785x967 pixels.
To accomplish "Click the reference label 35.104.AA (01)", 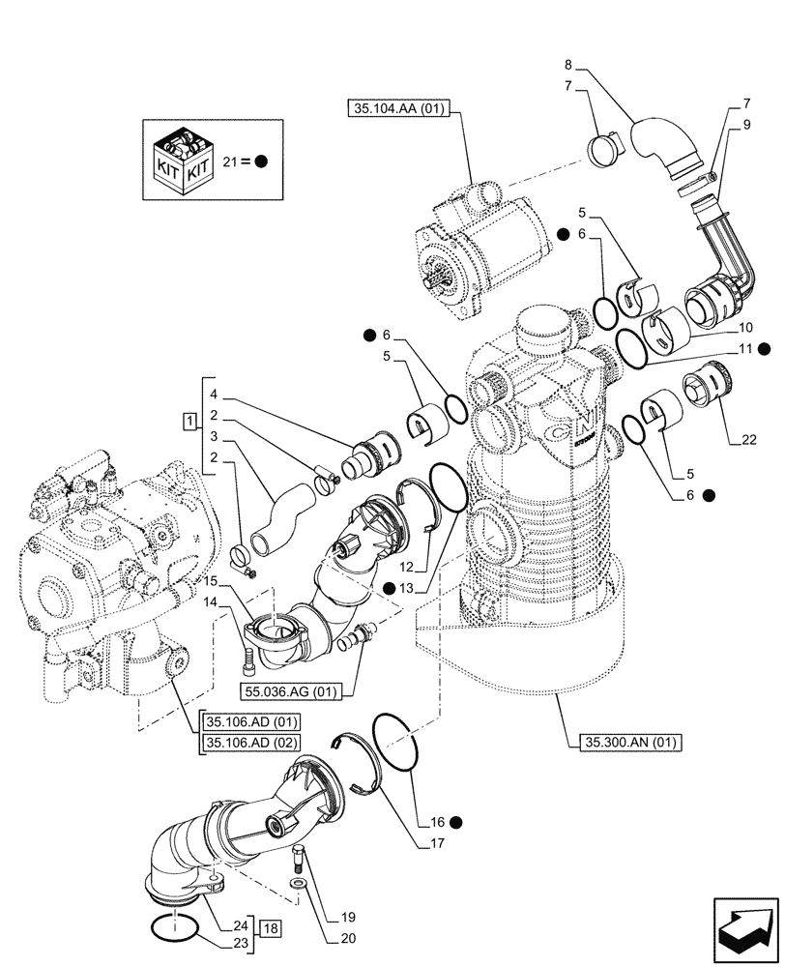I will coord(394,109).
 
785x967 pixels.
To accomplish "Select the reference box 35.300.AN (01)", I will coord(632,743).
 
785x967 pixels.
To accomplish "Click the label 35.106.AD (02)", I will coord(252,742).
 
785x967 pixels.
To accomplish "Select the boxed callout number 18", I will coord(271,928).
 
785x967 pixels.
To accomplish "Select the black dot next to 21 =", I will coord(261,161).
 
